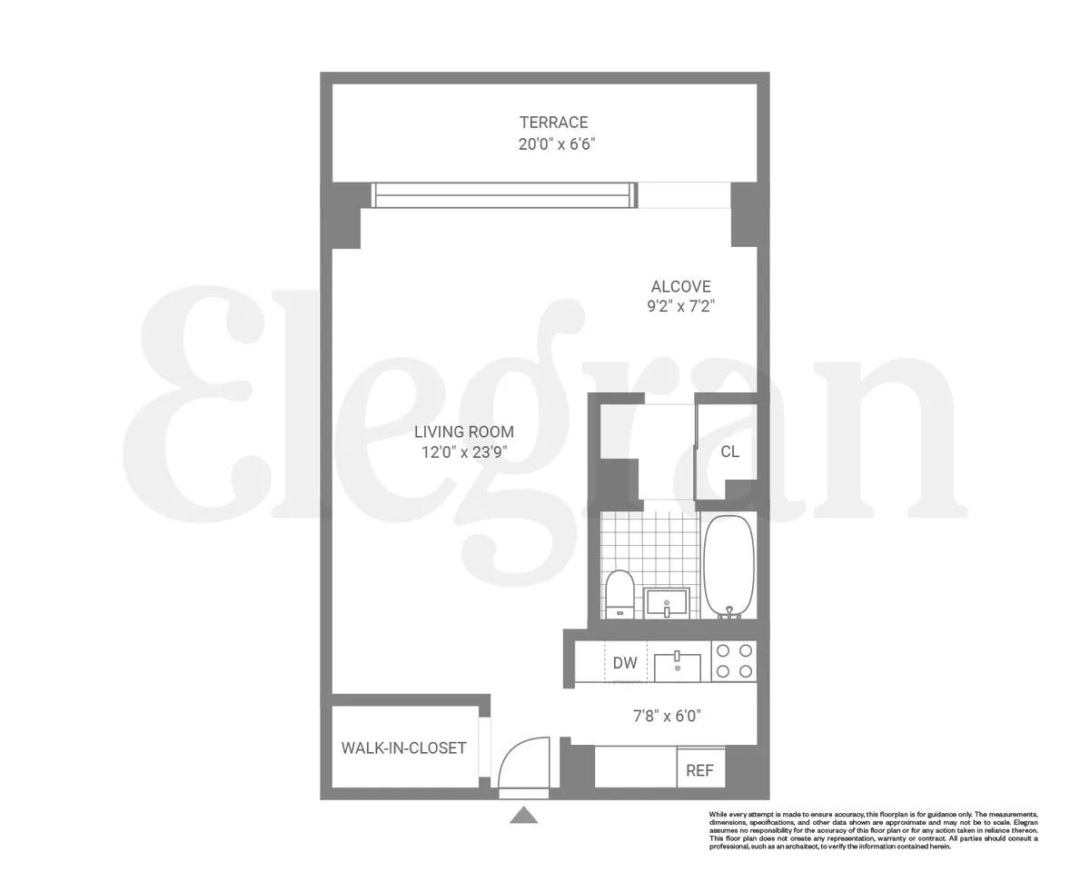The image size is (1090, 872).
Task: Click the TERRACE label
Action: pos(553,123)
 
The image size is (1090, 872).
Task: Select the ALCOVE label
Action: pos(680,287)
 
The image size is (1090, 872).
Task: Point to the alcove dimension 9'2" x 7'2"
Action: pos(680,307)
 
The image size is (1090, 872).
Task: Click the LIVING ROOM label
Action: pos(464,432)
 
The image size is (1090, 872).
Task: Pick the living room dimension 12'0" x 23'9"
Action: pos(464,452)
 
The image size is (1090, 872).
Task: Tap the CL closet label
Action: pos(729,451)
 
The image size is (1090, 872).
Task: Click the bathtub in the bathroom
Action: pos(728,565)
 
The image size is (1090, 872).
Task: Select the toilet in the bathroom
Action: pos(620,592)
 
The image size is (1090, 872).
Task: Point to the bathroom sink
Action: pos(667,602)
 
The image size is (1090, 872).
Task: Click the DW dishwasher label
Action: pos(625,663)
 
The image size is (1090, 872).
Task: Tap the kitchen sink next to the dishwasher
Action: pos(678,666)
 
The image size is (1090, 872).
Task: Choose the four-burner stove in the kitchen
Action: pos(734,661)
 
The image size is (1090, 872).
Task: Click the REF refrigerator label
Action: pos(699,771)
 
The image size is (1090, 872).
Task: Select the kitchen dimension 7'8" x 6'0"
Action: pos(667,716)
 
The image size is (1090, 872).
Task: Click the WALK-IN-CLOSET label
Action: pos(403,748)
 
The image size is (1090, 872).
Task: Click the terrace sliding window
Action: pos(502,194)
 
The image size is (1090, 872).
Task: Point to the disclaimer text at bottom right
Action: pos(872,830)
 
